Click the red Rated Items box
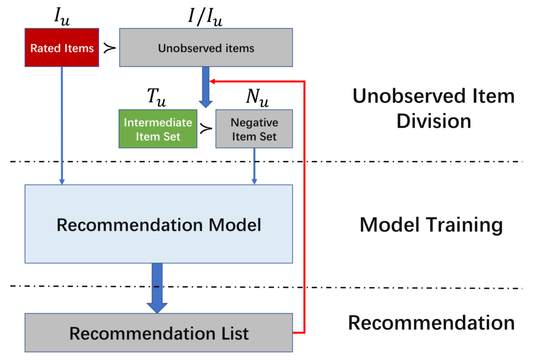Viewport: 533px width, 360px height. point(62,47)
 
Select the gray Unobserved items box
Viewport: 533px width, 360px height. point(206,47)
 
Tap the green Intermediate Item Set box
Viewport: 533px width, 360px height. point(158,129)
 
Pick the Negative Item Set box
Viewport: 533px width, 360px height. point(254,129)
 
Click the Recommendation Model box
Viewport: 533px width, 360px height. point(159,224)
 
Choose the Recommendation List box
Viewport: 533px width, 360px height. point(159,333)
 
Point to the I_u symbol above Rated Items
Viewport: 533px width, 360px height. point(62,16)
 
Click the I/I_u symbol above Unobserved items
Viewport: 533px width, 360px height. point(205,17)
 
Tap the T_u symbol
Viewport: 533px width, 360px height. point(156,97)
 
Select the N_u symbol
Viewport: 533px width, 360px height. point(257,97)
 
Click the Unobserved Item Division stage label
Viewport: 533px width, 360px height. point(433,108)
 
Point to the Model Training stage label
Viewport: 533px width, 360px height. point(431,225)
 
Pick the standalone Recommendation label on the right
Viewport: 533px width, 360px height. point(431,323)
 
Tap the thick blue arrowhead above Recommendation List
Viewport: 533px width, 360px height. point(157,307)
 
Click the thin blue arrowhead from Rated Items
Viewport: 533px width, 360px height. point(62,181)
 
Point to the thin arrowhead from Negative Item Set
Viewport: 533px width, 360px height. point(254,181)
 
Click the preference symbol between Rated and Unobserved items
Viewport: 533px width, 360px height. point(109,48)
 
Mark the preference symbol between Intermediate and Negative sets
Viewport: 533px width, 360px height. point(206,129)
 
